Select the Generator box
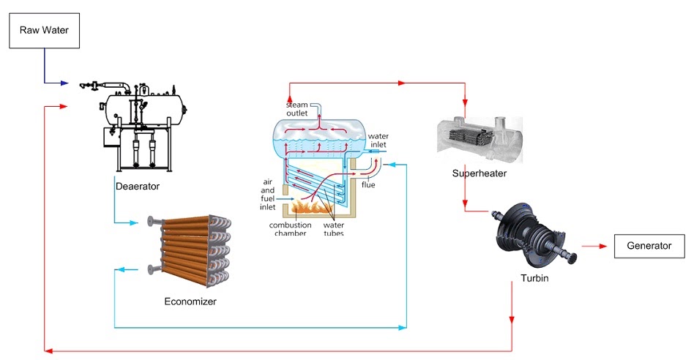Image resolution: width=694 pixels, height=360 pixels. pos(649,246)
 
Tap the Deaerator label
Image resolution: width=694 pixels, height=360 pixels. pos(138,186)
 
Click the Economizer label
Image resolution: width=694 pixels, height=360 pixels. pos(190,301)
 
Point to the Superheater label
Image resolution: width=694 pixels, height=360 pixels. pos(479,173)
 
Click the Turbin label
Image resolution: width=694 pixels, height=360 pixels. pos(535,279)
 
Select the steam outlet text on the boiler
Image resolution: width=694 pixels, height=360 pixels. pos(297,110)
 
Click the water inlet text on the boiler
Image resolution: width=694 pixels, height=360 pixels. pos(378,140)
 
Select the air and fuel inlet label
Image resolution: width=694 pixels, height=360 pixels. pos(268,193)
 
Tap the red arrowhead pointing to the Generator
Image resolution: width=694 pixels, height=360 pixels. pos(604,246)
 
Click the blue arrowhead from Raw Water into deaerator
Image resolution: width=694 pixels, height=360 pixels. pos(67,83)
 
